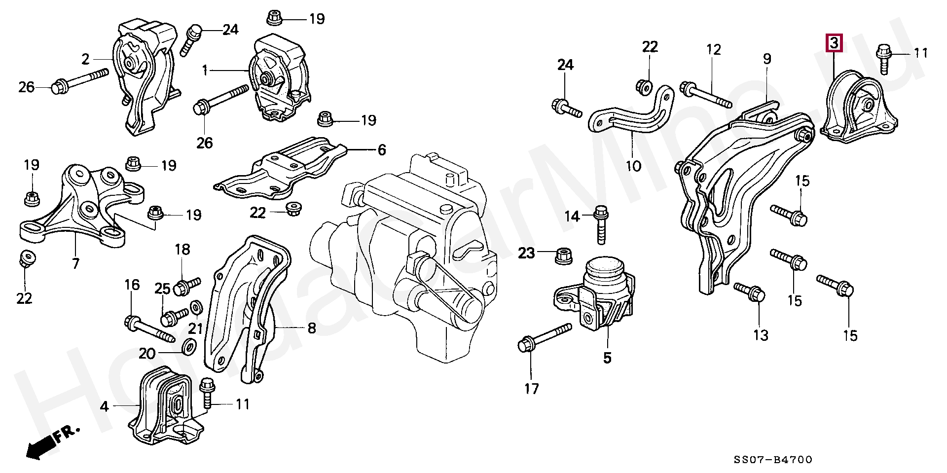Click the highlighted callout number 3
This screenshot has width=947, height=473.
834,43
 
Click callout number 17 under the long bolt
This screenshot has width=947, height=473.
531,389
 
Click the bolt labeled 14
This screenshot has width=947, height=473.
601,226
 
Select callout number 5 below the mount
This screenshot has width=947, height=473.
607,358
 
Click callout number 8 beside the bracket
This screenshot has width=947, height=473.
312,327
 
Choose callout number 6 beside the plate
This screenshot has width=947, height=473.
381,150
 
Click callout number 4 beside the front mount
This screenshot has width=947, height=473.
104,407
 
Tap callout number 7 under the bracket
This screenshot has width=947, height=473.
75,264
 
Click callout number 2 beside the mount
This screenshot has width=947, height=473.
86,60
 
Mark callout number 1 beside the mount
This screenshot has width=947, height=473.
205,71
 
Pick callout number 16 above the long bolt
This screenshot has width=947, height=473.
132,285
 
